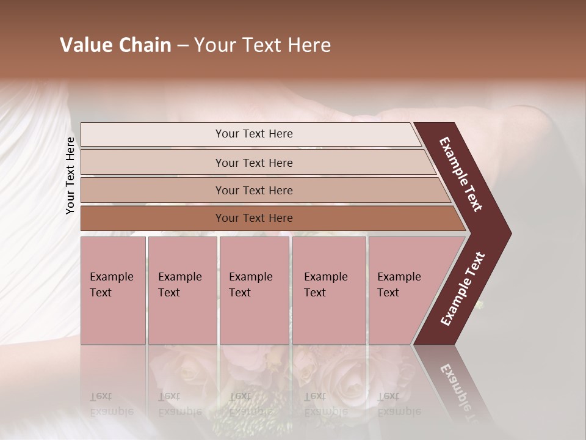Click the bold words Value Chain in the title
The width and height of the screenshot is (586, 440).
coord(115,45)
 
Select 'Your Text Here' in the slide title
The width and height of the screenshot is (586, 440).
coord(262,45)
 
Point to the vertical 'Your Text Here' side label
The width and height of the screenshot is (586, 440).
coord(70,175)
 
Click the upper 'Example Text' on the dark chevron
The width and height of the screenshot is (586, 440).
coord(460,174)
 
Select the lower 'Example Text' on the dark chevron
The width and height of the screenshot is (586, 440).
coord(463,289)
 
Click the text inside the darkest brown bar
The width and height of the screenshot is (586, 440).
coord(254,218)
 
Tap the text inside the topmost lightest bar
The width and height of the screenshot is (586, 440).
coord(254,134)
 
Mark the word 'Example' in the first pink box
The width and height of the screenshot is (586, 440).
coord(111,277)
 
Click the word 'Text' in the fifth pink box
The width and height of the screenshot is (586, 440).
coord(388,293)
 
